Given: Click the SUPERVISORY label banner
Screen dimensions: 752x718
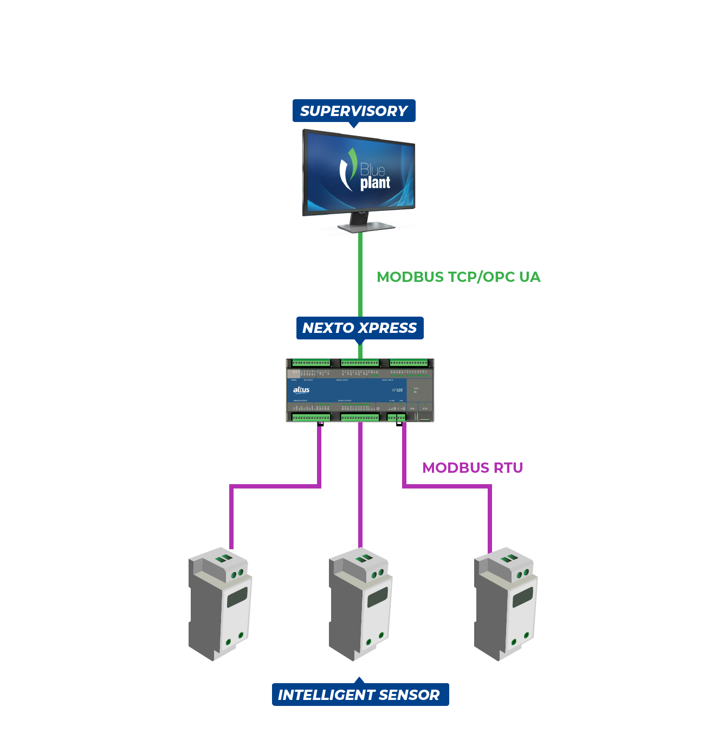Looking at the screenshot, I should coord(354,111).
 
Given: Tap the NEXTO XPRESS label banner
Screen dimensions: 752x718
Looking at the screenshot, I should coord(359,328).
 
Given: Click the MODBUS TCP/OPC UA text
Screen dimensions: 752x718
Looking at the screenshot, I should coord(458,277).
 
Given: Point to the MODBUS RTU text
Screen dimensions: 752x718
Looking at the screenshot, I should coord(473,468).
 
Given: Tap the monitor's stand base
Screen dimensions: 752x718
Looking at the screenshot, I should coord(360,227).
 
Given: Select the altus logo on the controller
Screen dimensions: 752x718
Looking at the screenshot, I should coord(301,390).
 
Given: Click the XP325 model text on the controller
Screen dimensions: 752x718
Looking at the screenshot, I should coord(397,390).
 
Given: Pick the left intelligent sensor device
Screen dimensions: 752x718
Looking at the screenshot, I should coord(220,604).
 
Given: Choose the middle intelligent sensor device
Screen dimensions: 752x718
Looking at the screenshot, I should coord(360,604).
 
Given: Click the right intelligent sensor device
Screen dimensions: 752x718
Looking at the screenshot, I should coord(506,604).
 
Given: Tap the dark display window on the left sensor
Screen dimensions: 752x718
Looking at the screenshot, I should coord(237,597).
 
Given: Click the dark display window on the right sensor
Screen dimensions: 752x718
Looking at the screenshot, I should coord(522,597).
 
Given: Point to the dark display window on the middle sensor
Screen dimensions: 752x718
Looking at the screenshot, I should coord(378,597).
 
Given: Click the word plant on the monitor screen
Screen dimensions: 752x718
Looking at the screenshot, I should coord(375,183).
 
